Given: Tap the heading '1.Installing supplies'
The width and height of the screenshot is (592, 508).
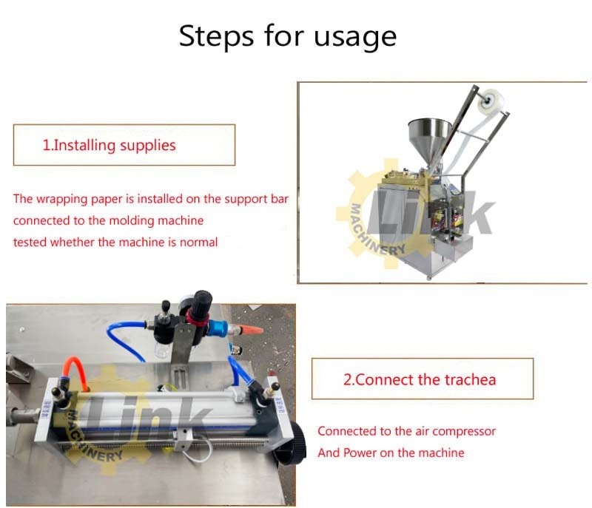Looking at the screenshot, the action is point(109,145).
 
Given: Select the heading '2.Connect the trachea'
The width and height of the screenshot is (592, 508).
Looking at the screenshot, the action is point(420,379).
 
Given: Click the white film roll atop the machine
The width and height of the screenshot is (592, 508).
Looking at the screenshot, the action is point(491,101).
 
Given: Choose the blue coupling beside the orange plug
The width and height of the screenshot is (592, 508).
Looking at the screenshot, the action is point(218,328).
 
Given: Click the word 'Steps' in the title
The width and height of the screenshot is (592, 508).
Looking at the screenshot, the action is point(216,36).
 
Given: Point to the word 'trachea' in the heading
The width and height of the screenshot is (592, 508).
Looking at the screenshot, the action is point(470,379).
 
